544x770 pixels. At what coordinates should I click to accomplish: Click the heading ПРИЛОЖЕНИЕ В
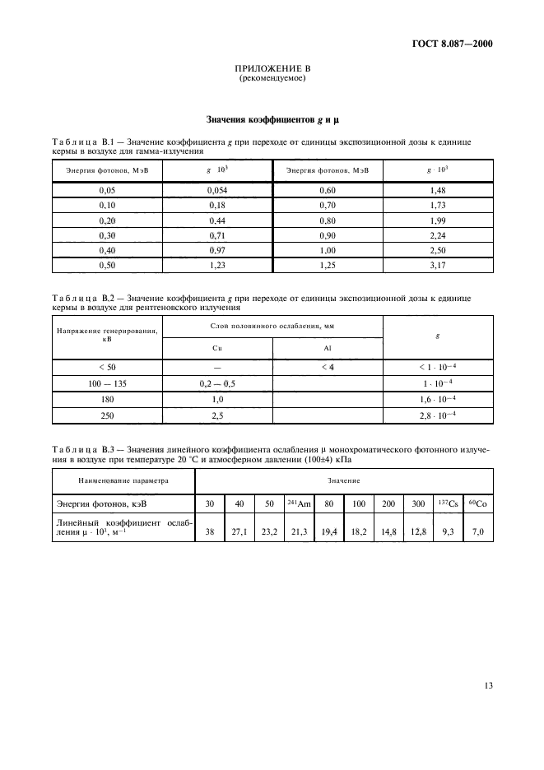(x=272, y=69)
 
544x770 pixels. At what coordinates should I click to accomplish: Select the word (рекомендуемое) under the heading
(x=272, y=78)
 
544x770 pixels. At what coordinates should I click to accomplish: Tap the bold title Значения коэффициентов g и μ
(x=272, y=119)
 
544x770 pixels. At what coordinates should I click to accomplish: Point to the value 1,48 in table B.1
(x=438, y=190)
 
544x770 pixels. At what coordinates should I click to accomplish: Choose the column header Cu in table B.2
(x=217, y=348)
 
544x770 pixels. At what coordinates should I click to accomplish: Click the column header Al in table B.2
(x=328, y=348)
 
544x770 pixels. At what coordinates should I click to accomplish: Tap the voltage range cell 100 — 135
(x=107, y=383)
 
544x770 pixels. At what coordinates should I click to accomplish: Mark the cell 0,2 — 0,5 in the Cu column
(x=217, y=383)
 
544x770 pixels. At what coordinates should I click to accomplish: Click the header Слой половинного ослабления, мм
(x=272, y=327)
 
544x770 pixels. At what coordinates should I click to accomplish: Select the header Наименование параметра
(x=111, y=479)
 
